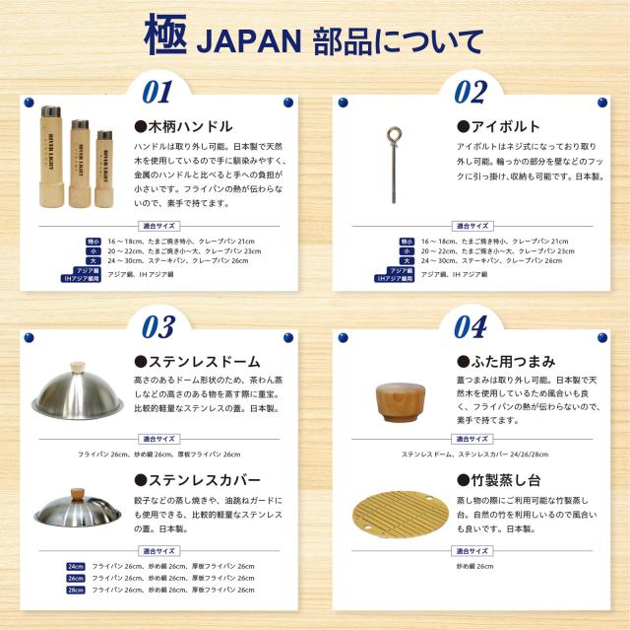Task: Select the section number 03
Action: tap(157, 326)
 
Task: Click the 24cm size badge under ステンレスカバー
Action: tap(76, 566)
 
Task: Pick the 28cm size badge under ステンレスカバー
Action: tap(76, 590)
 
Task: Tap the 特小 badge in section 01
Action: tap(94, 241)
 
